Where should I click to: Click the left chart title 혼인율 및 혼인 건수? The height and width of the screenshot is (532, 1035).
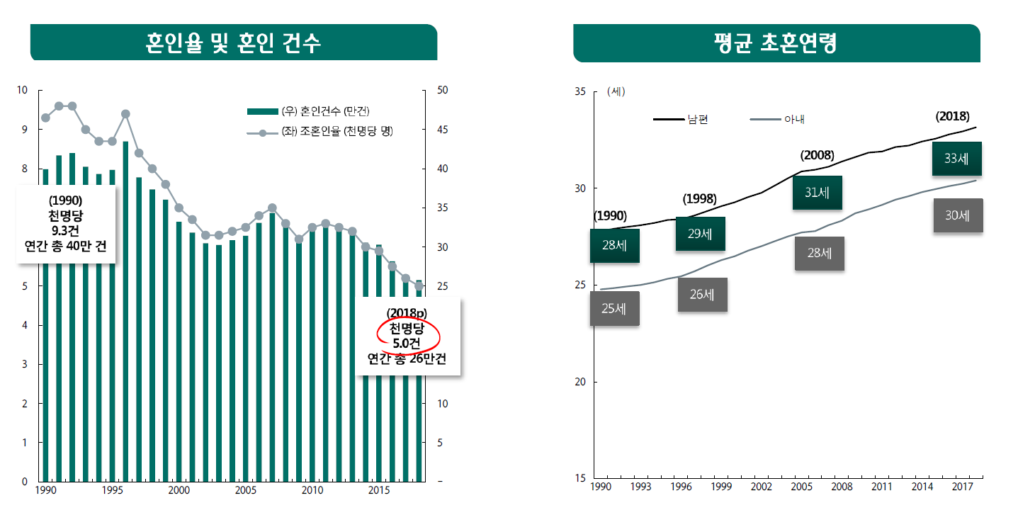point(233,43)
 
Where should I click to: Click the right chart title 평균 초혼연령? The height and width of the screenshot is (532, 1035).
point(776,43)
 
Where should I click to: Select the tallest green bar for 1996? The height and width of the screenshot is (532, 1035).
point(125,312)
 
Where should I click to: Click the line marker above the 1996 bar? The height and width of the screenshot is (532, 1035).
point(125,114)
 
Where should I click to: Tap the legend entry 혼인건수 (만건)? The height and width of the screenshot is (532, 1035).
point(309,111)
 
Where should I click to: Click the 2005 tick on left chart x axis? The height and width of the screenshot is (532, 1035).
point(245,490)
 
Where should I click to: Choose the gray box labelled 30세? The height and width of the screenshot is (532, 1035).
point(956,215)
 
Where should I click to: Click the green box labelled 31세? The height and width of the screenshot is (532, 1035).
point(817,193)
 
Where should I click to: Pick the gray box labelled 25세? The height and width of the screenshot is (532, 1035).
point(613,309)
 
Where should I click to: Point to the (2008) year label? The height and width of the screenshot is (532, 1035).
point(817,155)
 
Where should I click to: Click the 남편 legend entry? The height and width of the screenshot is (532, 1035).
point(681,120)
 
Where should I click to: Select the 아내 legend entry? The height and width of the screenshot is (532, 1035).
point(778,120)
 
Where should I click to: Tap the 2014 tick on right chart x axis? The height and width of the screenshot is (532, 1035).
point(922,487)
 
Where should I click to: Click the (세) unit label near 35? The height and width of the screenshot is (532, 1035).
point(616,91)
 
